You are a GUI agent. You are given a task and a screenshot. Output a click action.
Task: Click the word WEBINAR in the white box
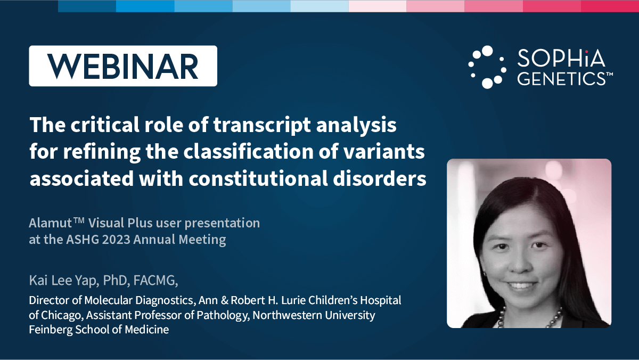click(x=122, y=66)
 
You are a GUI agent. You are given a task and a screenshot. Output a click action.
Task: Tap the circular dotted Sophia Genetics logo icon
click(x=487, y=67)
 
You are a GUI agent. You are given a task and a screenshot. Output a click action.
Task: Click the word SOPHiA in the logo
click(x=561, y=58)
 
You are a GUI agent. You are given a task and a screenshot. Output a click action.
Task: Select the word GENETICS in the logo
click(x=561, y=78)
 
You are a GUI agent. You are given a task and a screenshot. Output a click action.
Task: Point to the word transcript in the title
click(x=262, y=125)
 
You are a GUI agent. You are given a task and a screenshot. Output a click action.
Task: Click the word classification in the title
click(x=249, y=151)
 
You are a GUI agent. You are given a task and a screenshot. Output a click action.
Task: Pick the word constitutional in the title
click(x=258, y=178)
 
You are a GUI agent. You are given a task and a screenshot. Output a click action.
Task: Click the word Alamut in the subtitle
click(x=50, y=223)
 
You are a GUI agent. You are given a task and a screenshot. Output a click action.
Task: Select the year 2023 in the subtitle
click(x=116, y=240)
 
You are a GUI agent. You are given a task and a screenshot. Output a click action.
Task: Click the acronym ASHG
click(x=83, y=240)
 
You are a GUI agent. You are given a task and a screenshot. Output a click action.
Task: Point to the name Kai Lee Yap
click(x=63, y=281)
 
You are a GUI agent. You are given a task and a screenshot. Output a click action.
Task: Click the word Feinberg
click(x=51, y=330)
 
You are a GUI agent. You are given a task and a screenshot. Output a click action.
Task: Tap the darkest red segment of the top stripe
click(x=610, y=6)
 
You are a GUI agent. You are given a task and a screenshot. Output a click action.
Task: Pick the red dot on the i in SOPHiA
click(x=586, y=52)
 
